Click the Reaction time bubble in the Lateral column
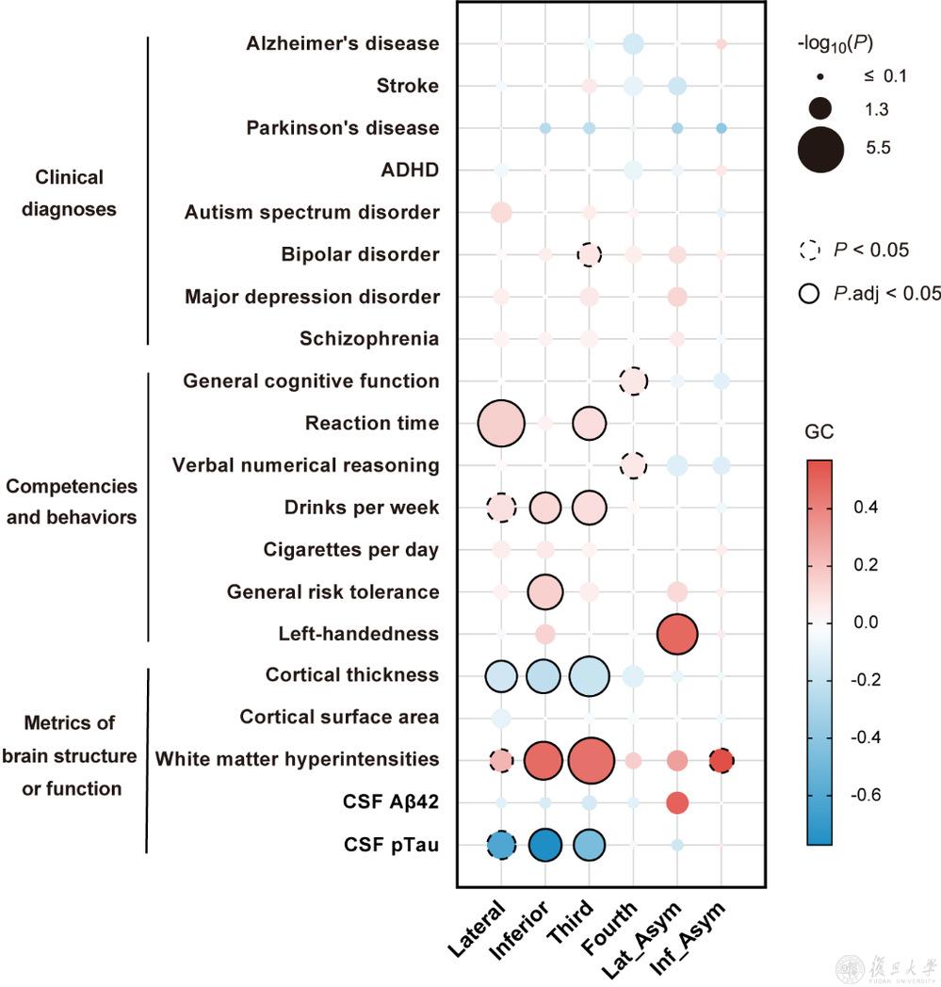(x=501, y=424)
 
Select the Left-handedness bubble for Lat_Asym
(x=676, y=634)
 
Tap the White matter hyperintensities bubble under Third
(x=590, y=759)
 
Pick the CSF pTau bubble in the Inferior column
(x=544, y=845)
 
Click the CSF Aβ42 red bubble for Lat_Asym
(x=676, y=802)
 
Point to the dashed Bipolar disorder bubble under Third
(x=590, y=255)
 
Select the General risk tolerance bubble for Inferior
(x=544, y=592)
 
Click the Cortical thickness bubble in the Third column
(x=590, y=675)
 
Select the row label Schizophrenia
(x=369, y=339)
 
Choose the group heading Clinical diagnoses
(x=69, y=193)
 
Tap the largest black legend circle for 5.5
(x=819, y=148)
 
